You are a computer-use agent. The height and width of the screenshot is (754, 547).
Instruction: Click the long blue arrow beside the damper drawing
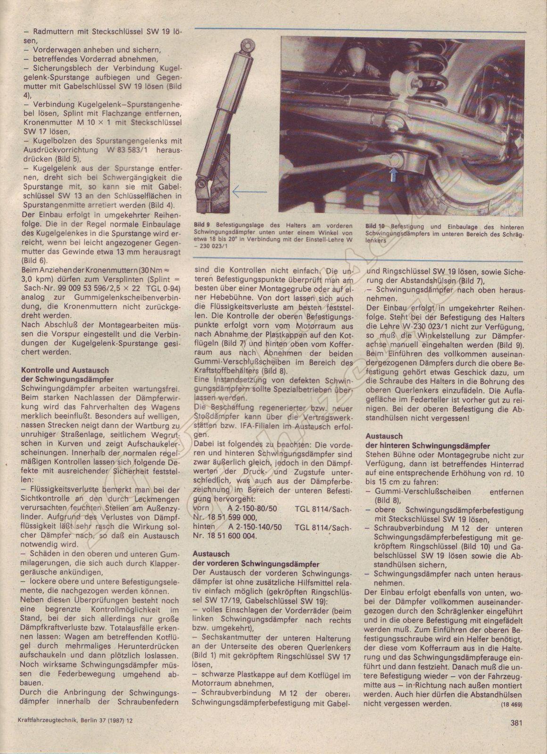(x=250, y=191)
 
